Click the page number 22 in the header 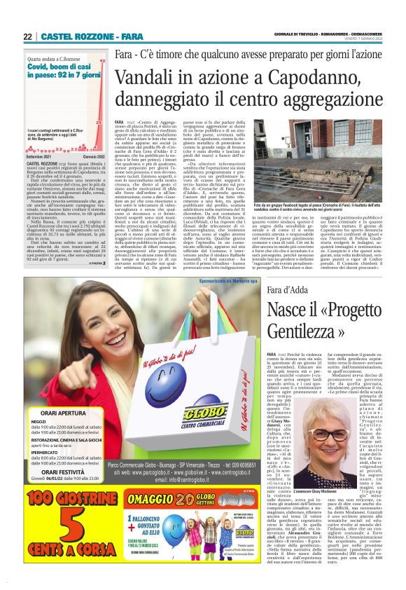(28, 36)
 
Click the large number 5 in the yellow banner (54, 542)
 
